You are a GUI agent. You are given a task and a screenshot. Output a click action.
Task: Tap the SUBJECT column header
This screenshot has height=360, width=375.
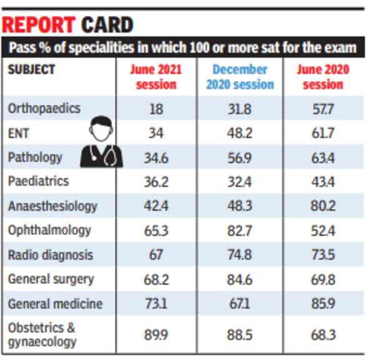point(31,69)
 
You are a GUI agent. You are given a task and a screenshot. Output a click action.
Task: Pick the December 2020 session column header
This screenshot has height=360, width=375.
point(240,77)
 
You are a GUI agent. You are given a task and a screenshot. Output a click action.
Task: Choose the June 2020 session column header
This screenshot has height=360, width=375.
point(322,77)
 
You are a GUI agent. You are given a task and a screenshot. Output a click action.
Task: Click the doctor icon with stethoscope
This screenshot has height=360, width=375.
point(101,141)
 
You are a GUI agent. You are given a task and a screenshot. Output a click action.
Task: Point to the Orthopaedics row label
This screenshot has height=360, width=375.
point(44,108)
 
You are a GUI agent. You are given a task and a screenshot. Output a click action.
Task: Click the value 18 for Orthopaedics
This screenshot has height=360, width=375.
point(156,109)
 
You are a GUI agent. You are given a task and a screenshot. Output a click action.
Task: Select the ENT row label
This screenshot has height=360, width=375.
point(19,132)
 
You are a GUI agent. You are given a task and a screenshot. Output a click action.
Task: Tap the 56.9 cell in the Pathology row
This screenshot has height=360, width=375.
point(240,157)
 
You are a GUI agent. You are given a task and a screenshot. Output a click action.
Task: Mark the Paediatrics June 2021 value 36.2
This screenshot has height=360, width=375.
point(156,182)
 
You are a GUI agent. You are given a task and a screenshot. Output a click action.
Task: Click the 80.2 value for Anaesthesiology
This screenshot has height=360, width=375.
point(322,206)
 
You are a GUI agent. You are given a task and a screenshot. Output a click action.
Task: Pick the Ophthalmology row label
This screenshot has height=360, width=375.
point(49,230)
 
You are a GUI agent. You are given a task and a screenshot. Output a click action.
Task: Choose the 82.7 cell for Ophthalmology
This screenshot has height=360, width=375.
point(240,231)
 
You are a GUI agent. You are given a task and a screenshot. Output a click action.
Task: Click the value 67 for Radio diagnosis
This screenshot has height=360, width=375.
point(156,255)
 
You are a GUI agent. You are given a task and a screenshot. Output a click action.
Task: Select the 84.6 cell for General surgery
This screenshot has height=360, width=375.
point(240,279)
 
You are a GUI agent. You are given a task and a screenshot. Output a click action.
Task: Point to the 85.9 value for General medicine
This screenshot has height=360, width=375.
point(322,304)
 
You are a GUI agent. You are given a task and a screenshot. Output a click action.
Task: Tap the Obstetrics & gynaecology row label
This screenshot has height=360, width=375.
point(42,335)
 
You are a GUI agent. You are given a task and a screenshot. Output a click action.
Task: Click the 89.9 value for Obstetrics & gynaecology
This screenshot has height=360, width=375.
point(156,335)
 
